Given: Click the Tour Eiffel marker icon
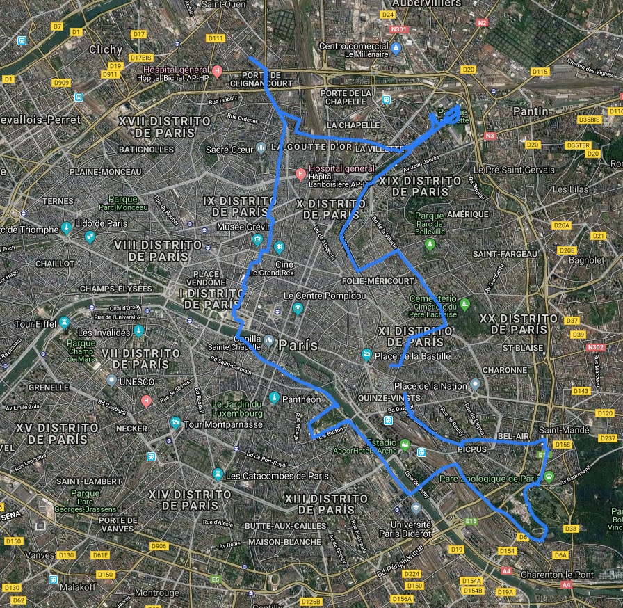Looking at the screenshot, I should coord(64,323).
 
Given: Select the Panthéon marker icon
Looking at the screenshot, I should coord(275,399).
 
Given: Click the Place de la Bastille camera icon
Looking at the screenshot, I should coord(366,355).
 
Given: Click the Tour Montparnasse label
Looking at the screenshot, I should coord(218,424).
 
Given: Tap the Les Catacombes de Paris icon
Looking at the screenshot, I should coord(218,475).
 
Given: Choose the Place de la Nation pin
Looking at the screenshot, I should coord(475,385).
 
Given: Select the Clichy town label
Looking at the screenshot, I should coord(105,50).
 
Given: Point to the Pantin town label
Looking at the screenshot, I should coord(530,111).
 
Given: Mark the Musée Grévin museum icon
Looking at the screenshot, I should coord(257,240).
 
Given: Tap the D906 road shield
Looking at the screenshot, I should coord(159,546).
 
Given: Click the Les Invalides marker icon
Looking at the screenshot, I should coord(139,332).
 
